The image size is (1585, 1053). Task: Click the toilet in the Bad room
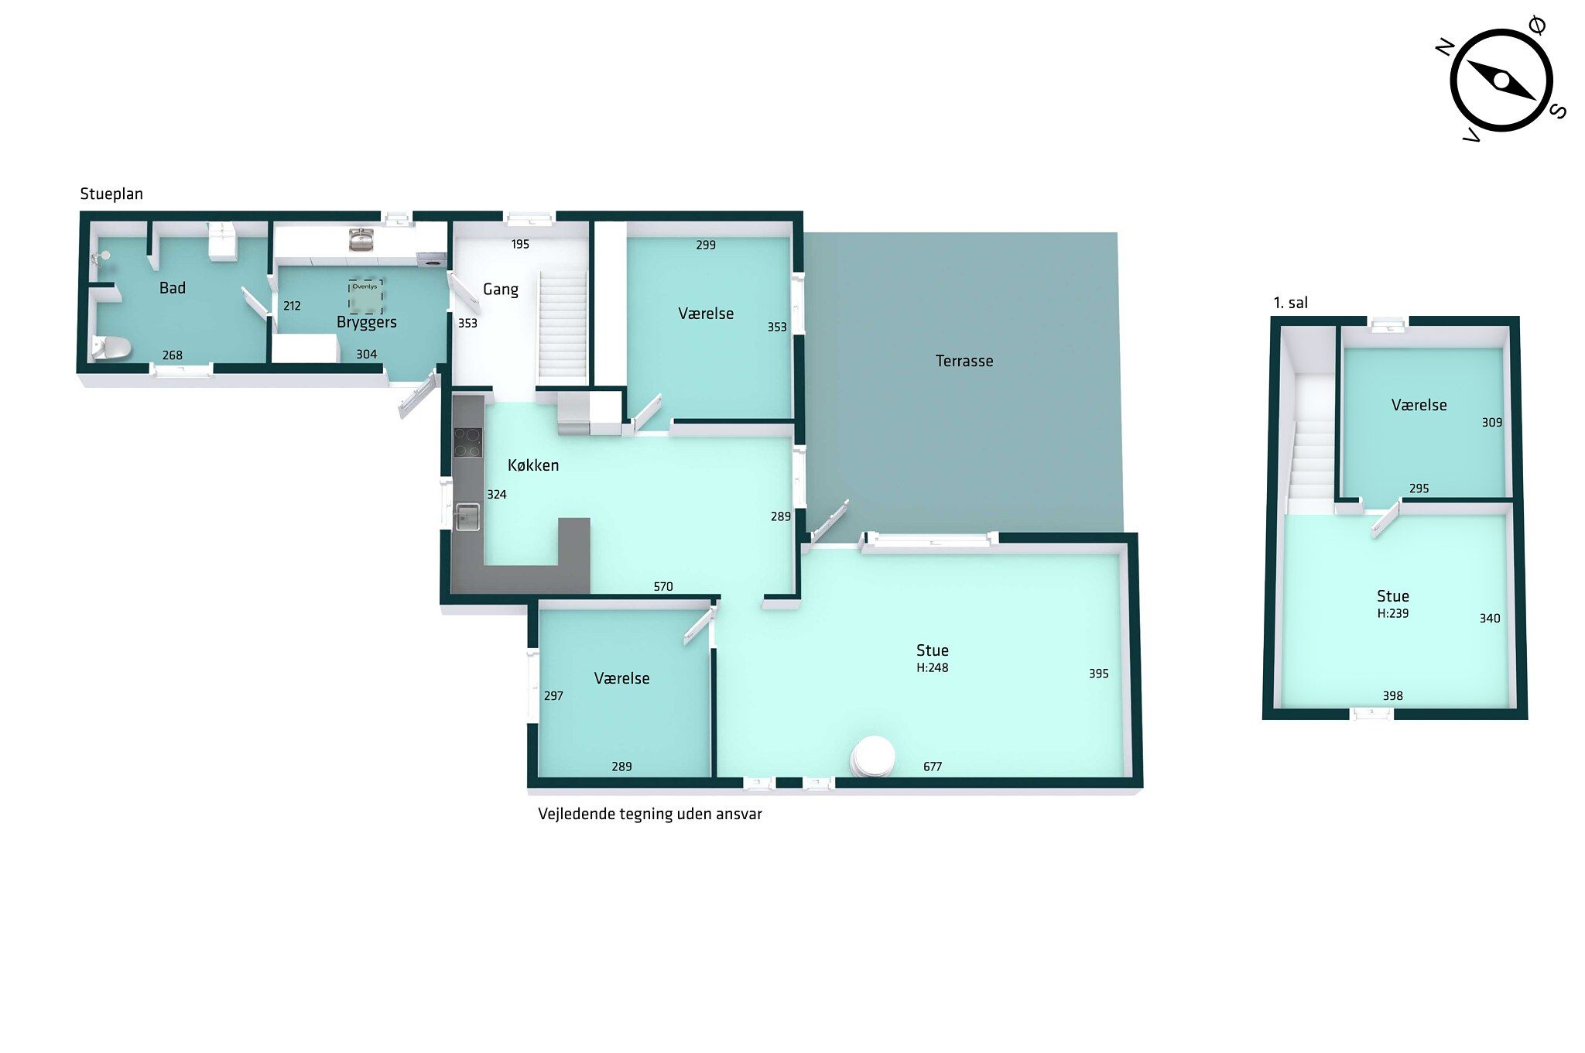pyautogui.click(x=111, y=348)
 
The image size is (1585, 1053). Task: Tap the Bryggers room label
pyautogui.click(x=367, y=322)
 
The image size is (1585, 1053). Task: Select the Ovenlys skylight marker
pyautogui.click(x=365, y=295)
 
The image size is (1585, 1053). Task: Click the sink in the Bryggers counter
pyautogui.click(x=361, y=239)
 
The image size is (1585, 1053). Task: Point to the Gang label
pyautogui.click(x=501, y=290)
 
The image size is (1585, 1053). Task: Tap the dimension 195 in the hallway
pyautogui.click(x=520, y=245)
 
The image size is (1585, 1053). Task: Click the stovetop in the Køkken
pyautogui.click(x=467, y=442)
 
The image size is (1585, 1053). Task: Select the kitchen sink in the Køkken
pyautogui.click(x=467, y=516)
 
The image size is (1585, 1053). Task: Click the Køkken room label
pyautogui.click(x=533, y=465)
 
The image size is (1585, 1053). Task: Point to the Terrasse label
pyautogui.click(x=964, y=361)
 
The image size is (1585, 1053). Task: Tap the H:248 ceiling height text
pyautogui.click(x=933, y=667)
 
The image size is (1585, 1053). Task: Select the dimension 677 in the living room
pyautogui.click(x=933, y=767)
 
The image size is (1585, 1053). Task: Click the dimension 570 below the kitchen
pyautogui.click(x=663, y=587)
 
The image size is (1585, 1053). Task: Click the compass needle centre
pyautogui.click(x=1501, y=81)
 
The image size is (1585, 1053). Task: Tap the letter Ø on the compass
pyautogui.click(x=1539, y=26)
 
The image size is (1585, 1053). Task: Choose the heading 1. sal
pyautogui.click(x=1291, y=303)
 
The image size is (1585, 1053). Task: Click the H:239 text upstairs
pyautogui.click(x=1393, y=613)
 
